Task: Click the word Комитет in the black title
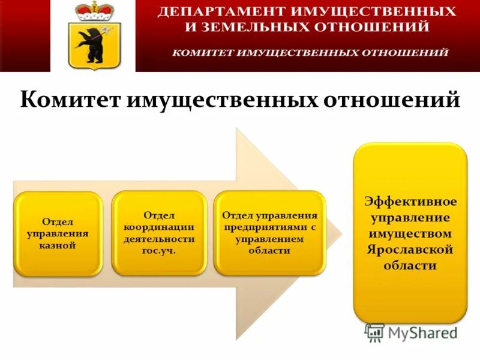(x=71, y=100)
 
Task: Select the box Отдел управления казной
(x=58, y=233)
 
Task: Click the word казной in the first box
(x=58, y=245)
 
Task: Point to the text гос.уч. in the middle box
(x=159, y=250)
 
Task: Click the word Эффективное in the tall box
(x=410, y=200)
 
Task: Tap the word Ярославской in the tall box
(x=410, y=249)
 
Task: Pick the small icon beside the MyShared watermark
(x=374, y=332)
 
